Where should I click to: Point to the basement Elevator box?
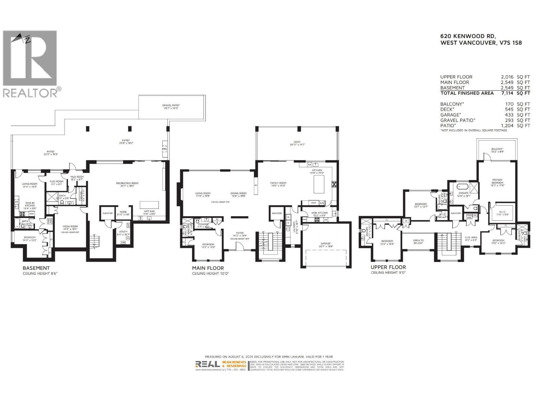pos(108,213)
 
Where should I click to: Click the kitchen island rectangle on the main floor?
pos(319,184)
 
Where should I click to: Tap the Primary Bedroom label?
pos(497,181)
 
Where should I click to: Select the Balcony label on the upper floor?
pos(497,150)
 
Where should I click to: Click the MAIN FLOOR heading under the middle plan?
pos(208,268)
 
